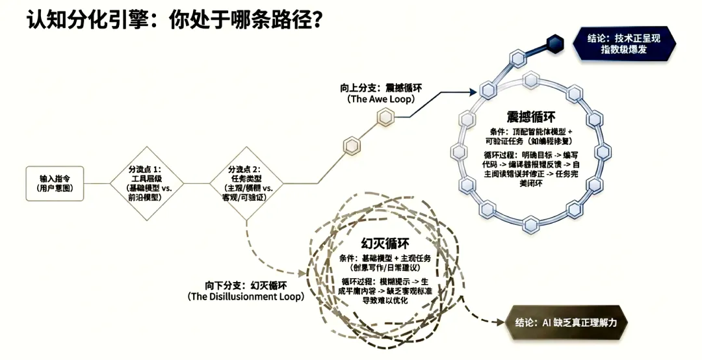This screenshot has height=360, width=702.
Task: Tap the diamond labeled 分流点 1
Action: click(144, 183)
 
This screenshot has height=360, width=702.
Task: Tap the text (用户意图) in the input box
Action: click(54, 188)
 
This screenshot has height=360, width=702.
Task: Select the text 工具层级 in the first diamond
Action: click(144, 178)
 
